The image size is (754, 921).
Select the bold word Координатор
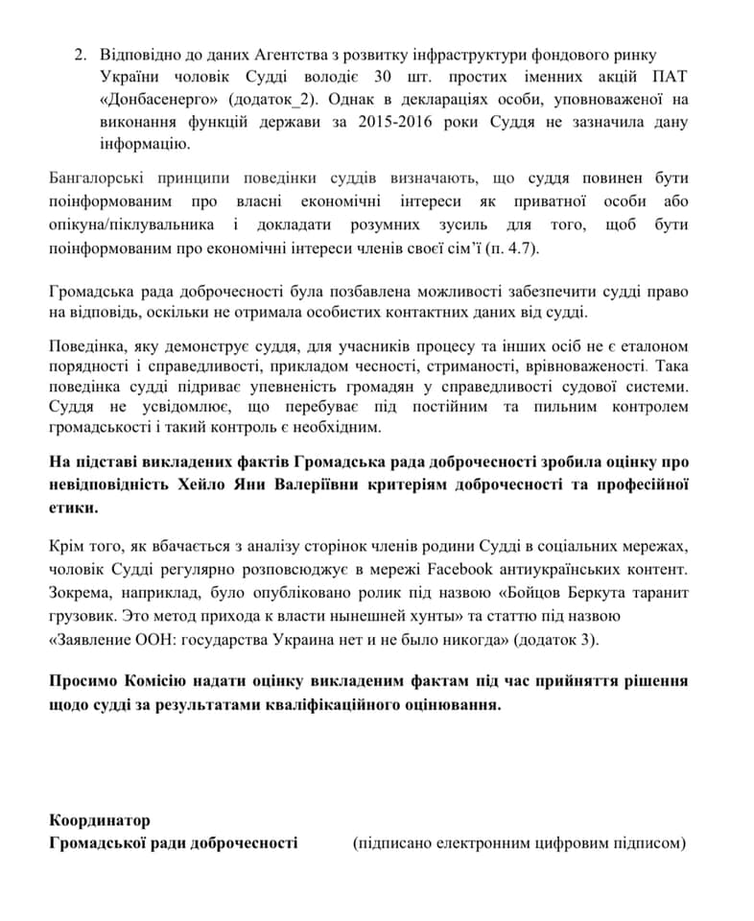100,820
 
